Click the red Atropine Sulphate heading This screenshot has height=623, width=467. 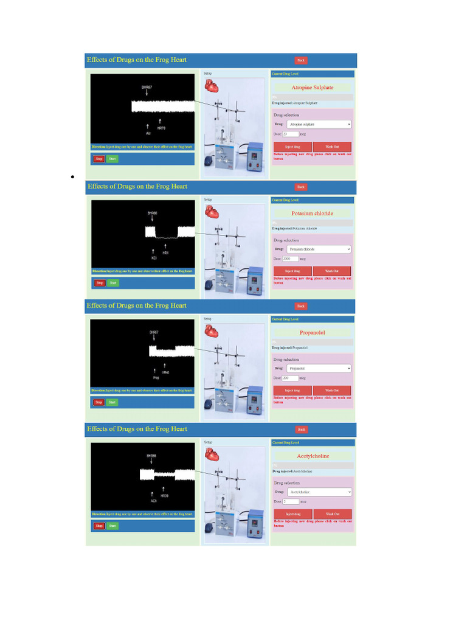(x=312, y=88)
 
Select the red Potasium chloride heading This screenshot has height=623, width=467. (x=312, y=214)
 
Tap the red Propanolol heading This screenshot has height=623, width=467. (x=312, y=333)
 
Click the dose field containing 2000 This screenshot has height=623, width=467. (x=291, y=259)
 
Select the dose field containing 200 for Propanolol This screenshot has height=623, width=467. (x=291, y=378)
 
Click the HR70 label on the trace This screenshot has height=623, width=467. (x=161, y=128)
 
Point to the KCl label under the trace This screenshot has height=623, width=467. (x=154, y=258)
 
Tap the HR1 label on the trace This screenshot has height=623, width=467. (x=165, y=252)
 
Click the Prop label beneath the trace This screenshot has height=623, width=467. (x=156, y=377)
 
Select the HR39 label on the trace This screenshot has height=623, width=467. (x=165, y=496)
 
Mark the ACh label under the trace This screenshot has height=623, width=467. (x=154, y=501)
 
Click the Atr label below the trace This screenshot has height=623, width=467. (x=148, y=133)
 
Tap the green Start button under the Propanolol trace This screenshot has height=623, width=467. (x=112, y=402)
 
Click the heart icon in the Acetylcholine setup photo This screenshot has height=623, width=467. (x=212, y=453)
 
